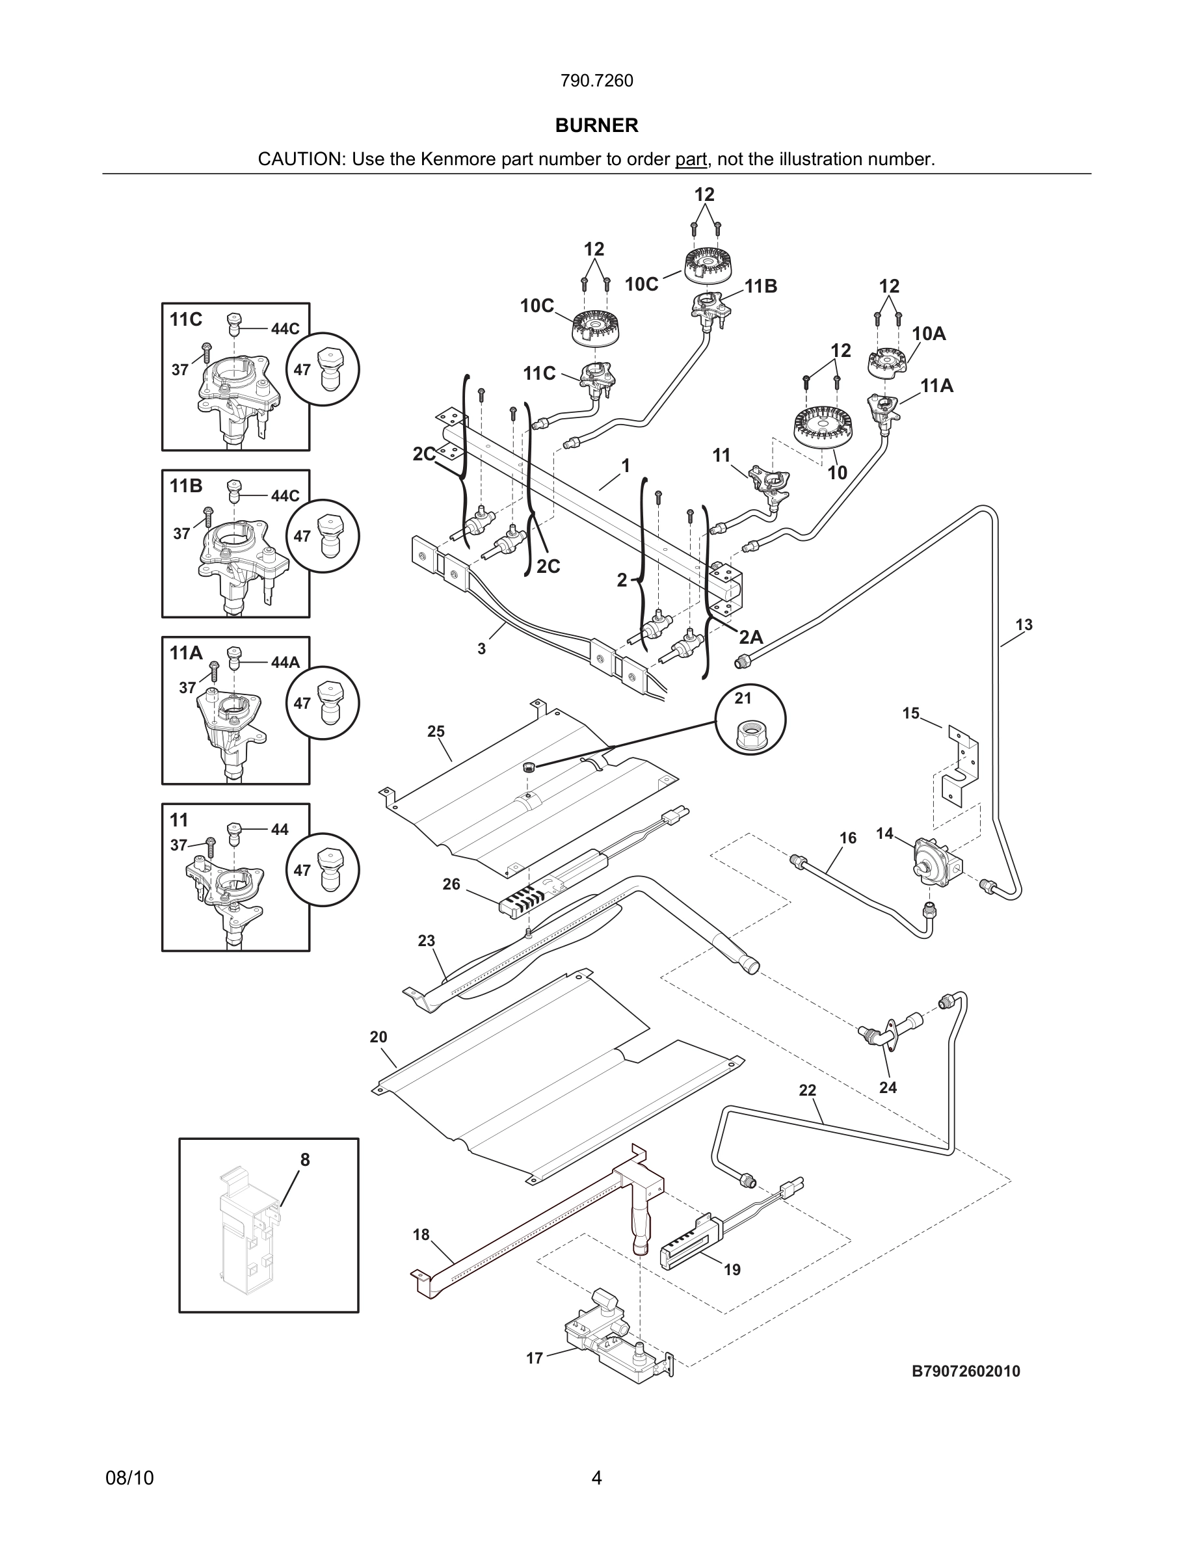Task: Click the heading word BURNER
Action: click(x=596, y=125)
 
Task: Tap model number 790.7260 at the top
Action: click(x=596, y=81)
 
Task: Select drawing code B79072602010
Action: click(x=966, y=1371)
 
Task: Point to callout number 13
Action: click(x=1024, y=625)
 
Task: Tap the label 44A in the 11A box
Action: click(x=285, y=662)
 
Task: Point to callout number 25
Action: click(x=436, y=732)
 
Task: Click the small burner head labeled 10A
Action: click(x=887, y=362)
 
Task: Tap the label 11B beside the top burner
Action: click(x=760, y=286)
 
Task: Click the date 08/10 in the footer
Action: click(x=129, y=1478)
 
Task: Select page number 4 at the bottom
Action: click(x=596, y=1478)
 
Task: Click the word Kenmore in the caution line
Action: click(x=459, y=159)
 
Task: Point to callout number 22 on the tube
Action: click(x=807, y=1090)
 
